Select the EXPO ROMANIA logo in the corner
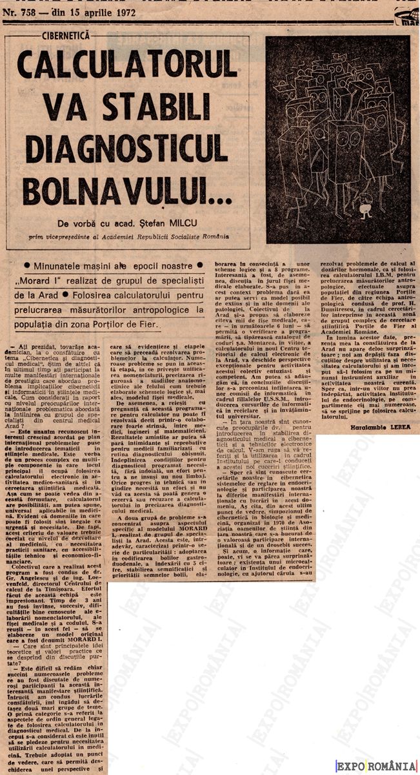(x=376, y=765)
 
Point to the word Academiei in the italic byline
(x=125, y=237)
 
